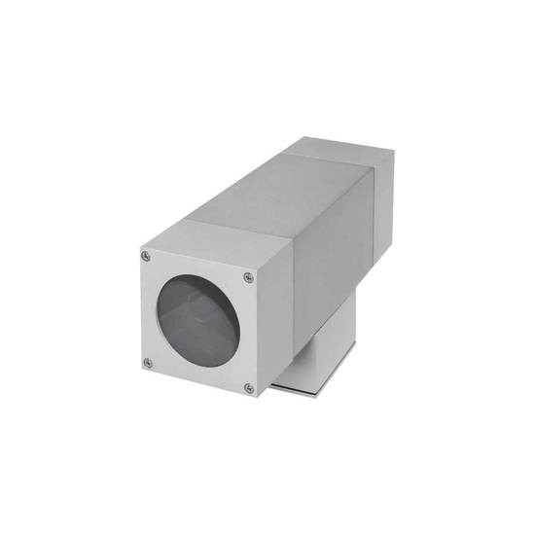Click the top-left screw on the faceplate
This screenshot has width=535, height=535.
pos(146,256)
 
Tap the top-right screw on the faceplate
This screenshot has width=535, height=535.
pos(249,283)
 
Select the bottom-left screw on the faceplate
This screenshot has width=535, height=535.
pos(148,363)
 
